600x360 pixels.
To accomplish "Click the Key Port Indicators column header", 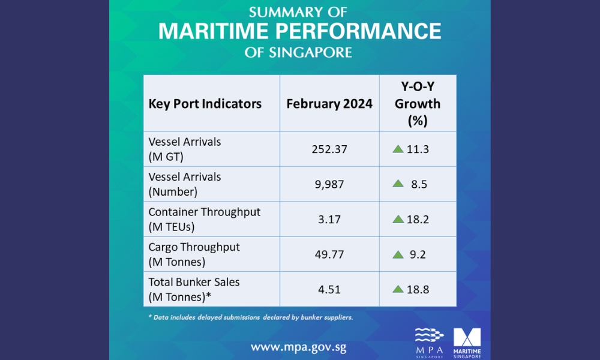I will [x=205, y=103].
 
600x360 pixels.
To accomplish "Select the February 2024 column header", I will [x=329, y=103].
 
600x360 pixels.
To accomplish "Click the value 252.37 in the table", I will [x=329, y=149].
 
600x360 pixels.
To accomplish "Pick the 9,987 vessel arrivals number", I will [x=329, y=184].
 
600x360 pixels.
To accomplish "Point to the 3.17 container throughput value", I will [x=329, y=219].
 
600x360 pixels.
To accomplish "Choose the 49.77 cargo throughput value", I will [x=329, y=254].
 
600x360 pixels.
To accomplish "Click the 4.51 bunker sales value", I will [x=329, y=289].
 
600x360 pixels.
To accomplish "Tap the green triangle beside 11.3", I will [x=398, y=149].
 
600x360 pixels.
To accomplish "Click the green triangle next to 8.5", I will [x=398, y=184].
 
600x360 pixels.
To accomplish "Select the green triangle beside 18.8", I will [x=398, y=289].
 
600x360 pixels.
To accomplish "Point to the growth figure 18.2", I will [x=418, y=219].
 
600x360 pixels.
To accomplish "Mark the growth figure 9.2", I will [x=418, y=254].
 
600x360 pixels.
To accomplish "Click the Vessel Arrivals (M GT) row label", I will [x=185, y=149].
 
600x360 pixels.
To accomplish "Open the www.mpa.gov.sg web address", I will [x=298, y=347].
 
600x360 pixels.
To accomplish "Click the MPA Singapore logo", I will [x=429, y=342].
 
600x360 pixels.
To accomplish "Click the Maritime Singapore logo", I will [x=467, y=342].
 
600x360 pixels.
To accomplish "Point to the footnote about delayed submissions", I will [x=251, y=317].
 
